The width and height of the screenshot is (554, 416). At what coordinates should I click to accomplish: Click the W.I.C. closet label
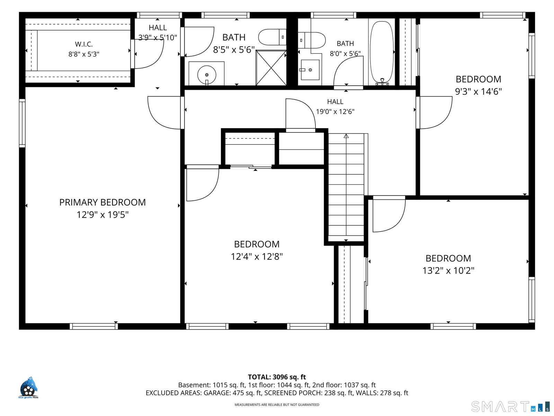(84, 44)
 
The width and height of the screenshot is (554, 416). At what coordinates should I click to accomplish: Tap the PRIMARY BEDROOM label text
(102, 202)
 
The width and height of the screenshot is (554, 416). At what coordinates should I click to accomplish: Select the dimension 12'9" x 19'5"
(102, 215)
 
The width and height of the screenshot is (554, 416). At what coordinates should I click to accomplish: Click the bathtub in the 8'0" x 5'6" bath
(382, 53)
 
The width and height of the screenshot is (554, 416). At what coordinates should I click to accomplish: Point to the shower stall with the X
(271, 68)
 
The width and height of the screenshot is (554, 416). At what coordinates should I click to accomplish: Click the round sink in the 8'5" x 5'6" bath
(207, 75)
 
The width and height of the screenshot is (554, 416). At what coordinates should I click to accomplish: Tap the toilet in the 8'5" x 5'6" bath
(272, 37)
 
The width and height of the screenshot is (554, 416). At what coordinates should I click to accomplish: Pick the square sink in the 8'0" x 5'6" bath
(310, 70)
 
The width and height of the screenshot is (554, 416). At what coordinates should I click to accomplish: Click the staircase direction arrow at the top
(346, 136)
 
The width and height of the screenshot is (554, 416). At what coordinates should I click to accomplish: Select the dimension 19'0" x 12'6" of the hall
(335, 112)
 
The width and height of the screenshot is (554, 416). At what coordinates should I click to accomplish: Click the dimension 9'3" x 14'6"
(478, 92)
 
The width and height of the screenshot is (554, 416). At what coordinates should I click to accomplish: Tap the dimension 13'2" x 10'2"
(448, 270)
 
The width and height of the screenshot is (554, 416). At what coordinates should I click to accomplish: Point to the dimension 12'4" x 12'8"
(257, 257)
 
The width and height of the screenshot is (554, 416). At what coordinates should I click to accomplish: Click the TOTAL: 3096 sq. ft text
(277, 377)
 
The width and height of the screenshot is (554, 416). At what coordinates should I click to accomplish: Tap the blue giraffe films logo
(28, 388)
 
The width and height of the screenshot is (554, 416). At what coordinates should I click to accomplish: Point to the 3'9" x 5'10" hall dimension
(158, 38)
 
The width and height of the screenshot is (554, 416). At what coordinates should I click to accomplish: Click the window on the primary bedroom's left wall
(22, 123)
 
